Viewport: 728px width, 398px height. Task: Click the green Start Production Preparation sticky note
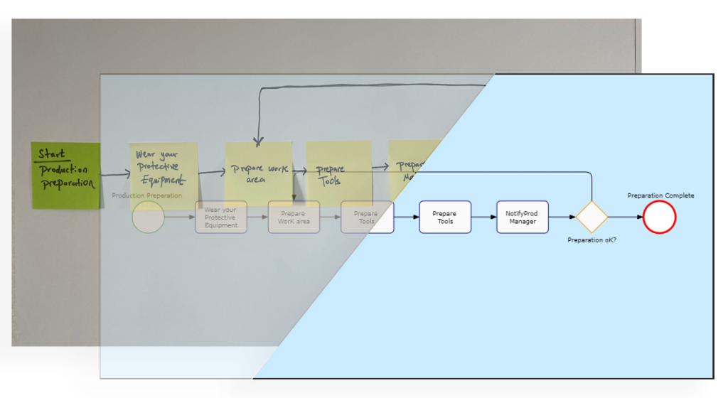pos(65,176)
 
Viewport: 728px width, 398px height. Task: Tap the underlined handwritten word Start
pos(51,154)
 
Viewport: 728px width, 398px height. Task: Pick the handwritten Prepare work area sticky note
pos(258,173)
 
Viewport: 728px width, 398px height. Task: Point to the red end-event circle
pos(659,217)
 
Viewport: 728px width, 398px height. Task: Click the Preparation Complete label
pos(660,196)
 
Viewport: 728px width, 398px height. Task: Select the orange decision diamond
pos(591,217)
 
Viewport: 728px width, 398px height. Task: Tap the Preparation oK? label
pos(591,240)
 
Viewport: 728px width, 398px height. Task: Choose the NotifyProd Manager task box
pos(522,217)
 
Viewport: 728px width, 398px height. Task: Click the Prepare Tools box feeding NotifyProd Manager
pos(445,217)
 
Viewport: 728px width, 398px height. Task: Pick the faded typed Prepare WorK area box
pos(293,217)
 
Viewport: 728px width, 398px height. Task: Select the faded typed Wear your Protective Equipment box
pos(220,217)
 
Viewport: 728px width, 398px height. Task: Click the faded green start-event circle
pos(148,217)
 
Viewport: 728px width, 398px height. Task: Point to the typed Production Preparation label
pos(146,195)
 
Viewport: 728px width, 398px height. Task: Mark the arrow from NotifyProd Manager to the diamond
pos(562,217)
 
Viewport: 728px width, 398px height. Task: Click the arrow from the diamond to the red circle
pos(626,217)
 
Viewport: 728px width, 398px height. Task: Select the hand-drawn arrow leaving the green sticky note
pos(116,173)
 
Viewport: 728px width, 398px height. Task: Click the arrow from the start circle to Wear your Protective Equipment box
pos(180,217)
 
